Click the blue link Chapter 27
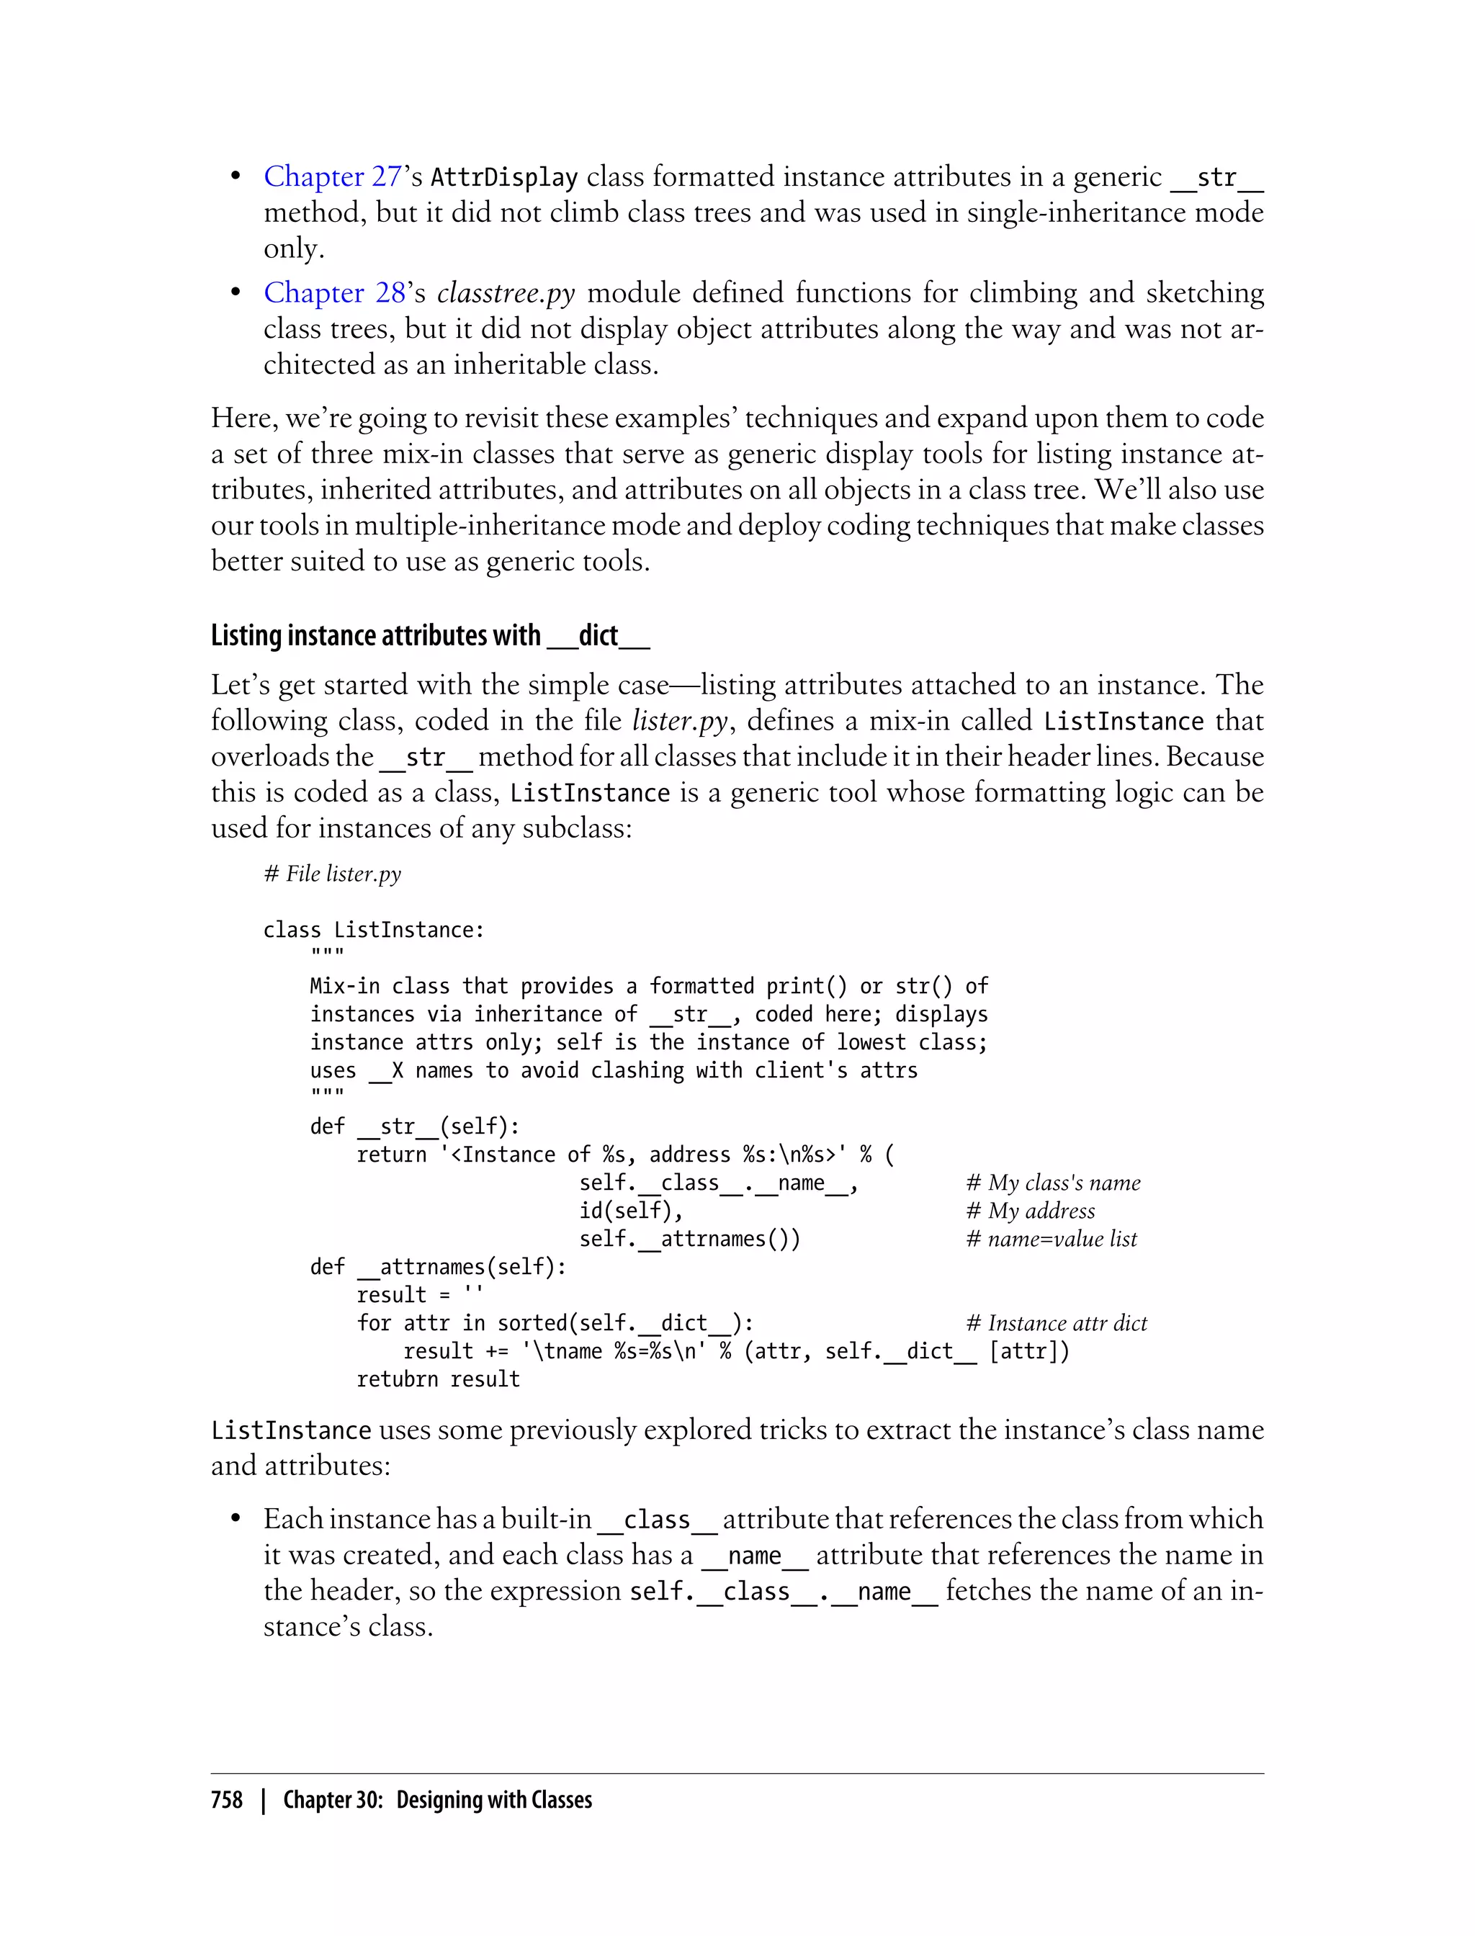coord(333,176)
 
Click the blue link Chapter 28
coord(334,292)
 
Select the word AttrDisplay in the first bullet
coord(504,177)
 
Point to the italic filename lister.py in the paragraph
coord(680,721)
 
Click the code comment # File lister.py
coord(333,874)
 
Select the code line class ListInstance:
coord(373,930)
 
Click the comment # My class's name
coord(1053,1183)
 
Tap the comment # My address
coord(1030,1211)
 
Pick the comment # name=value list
coord(1051,1239)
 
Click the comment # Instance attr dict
coord(1057,1323)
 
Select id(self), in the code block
coord(630,1211)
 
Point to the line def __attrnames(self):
coord(437,1267)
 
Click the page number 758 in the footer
coord(227,1800)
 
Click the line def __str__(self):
coord(414,1126)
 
